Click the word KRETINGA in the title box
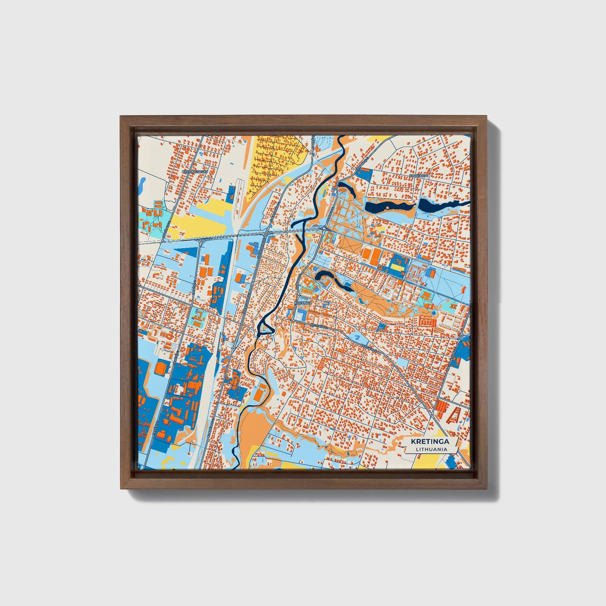[430, 441]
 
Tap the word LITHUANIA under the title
[431, 449]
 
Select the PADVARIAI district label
[420, 176]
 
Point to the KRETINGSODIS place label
[195, 172]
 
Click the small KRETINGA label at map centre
[303, 302]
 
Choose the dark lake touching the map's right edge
[440, 205]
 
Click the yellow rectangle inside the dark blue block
[397, 267]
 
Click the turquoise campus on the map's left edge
[153, 216]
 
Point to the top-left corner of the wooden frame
[120, 117]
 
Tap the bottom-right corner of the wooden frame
[488, 489]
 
